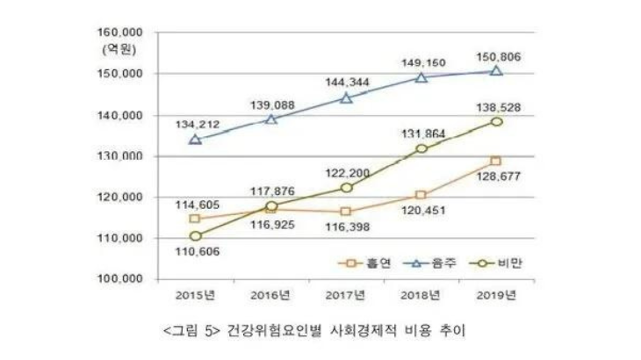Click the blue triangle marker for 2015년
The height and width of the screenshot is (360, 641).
click(195, 139)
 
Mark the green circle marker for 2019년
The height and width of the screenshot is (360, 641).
click(496, 121)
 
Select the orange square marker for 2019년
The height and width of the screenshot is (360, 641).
click(496, 162)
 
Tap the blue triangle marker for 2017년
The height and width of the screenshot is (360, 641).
click(346, 97)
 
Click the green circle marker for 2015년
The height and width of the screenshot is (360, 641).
click(195, 236)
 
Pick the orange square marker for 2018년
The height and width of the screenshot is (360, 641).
click(421, 195)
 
